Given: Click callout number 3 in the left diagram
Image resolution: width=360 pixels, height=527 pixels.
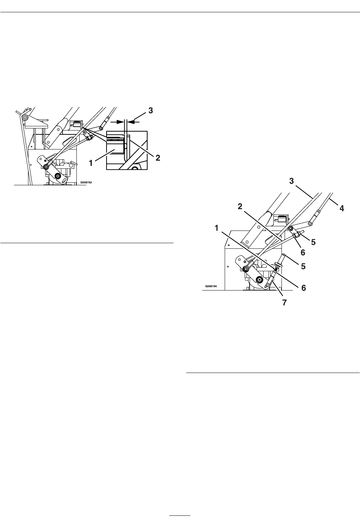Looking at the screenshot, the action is coord(150,111).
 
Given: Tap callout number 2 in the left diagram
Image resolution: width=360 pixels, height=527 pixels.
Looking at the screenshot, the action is coord(158,158).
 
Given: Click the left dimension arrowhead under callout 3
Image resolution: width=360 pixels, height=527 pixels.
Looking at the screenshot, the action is coord(120,122).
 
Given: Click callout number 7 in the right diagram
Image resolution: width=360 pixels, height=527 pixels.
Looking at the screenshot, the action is coord(285,302).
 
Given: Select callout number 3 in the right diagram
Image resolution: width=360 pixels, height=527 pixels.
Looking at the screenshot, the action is coord(291,181).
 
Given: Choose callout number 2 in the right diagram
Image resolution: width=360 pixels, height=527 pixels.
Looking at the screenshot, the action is coord(240,207).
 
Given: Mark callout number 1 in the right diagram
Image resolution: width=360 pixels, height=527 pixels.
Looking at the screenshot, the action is coord(217,228).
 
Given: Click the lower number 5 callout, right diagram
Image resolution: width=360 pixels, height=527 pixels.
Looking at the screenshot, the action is coord(304,266).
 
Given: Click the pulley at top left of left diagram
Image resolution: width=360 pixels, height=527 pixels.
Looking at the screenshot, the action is coord(24,117).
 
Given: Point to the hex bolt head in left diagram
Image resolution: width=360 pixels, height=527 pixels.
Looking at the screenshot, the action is coord(71,165).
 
